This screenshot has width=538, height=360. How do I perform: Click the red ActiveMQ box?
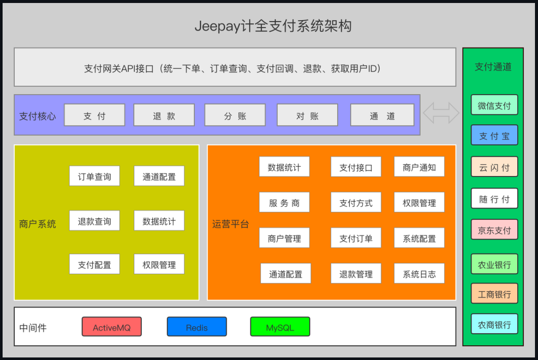112,327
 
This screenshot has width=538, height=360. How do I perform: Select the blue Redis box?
197,327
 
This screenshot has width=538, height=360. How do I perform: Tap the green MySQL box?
280,327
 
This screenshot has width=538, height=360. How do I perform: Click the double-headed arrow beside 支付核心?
441,113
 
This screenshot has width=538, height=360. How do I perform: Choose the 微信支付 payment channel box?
494,105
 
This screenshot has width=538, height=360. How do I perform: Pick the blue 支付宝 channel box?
494,135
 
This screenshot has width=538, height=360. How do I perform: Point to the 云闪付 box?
494,167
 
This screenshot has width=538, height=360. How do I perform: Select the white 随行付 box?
494,198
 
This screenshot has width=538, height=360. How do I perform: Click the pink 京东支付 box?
494,230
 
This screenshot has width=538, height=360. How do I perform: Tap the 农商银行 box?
494,324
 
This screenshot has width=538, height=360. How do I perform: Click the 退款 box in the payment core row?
164,115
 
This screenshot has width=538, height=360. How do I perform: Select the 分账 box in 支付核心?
235,115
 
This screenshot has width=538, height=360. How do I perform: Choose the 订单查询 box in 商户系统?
95,176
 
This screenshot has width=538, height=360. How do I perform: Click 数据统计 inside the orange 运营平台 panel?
284,167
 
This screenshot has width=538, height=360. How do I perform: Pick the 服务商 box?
284,202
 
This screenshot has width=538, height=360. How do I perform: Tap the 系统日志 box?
419,273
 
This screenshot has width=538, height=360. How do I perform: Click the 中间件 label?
33,328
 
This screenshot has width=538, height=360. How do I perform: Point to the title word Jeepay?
217,26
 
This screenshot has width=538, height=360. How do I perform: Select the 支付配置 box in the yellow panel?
95,264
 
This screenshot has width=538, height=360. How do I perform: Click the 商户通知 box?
419,167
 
